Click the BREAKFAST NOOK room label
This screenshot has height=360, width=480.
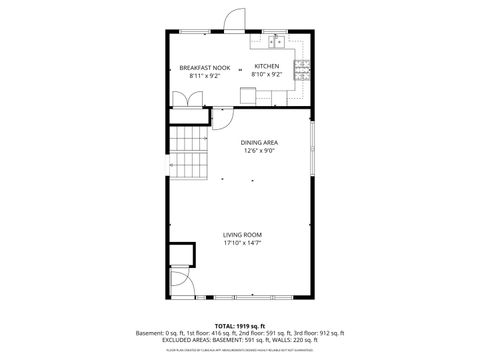click(x=204, y=67)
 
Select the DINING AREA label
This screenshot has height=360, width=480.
click(x=258, y=143)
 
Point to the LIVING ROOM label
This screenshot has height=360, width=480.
click(x=242, y=235)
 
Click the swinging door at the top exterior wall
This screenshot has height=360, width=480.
click(x=233, y=20)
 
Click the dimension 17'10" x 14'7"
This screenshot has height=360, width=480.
click(x=242, y=243)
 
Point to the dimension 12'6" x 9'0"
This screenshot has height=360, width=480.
click(x=258, y=151)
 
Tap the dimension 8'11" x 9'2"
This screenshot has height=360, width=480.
click(x=204, y=75)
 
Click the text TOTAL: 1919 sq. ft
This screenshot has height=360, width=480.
click(x=240, y=325)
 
